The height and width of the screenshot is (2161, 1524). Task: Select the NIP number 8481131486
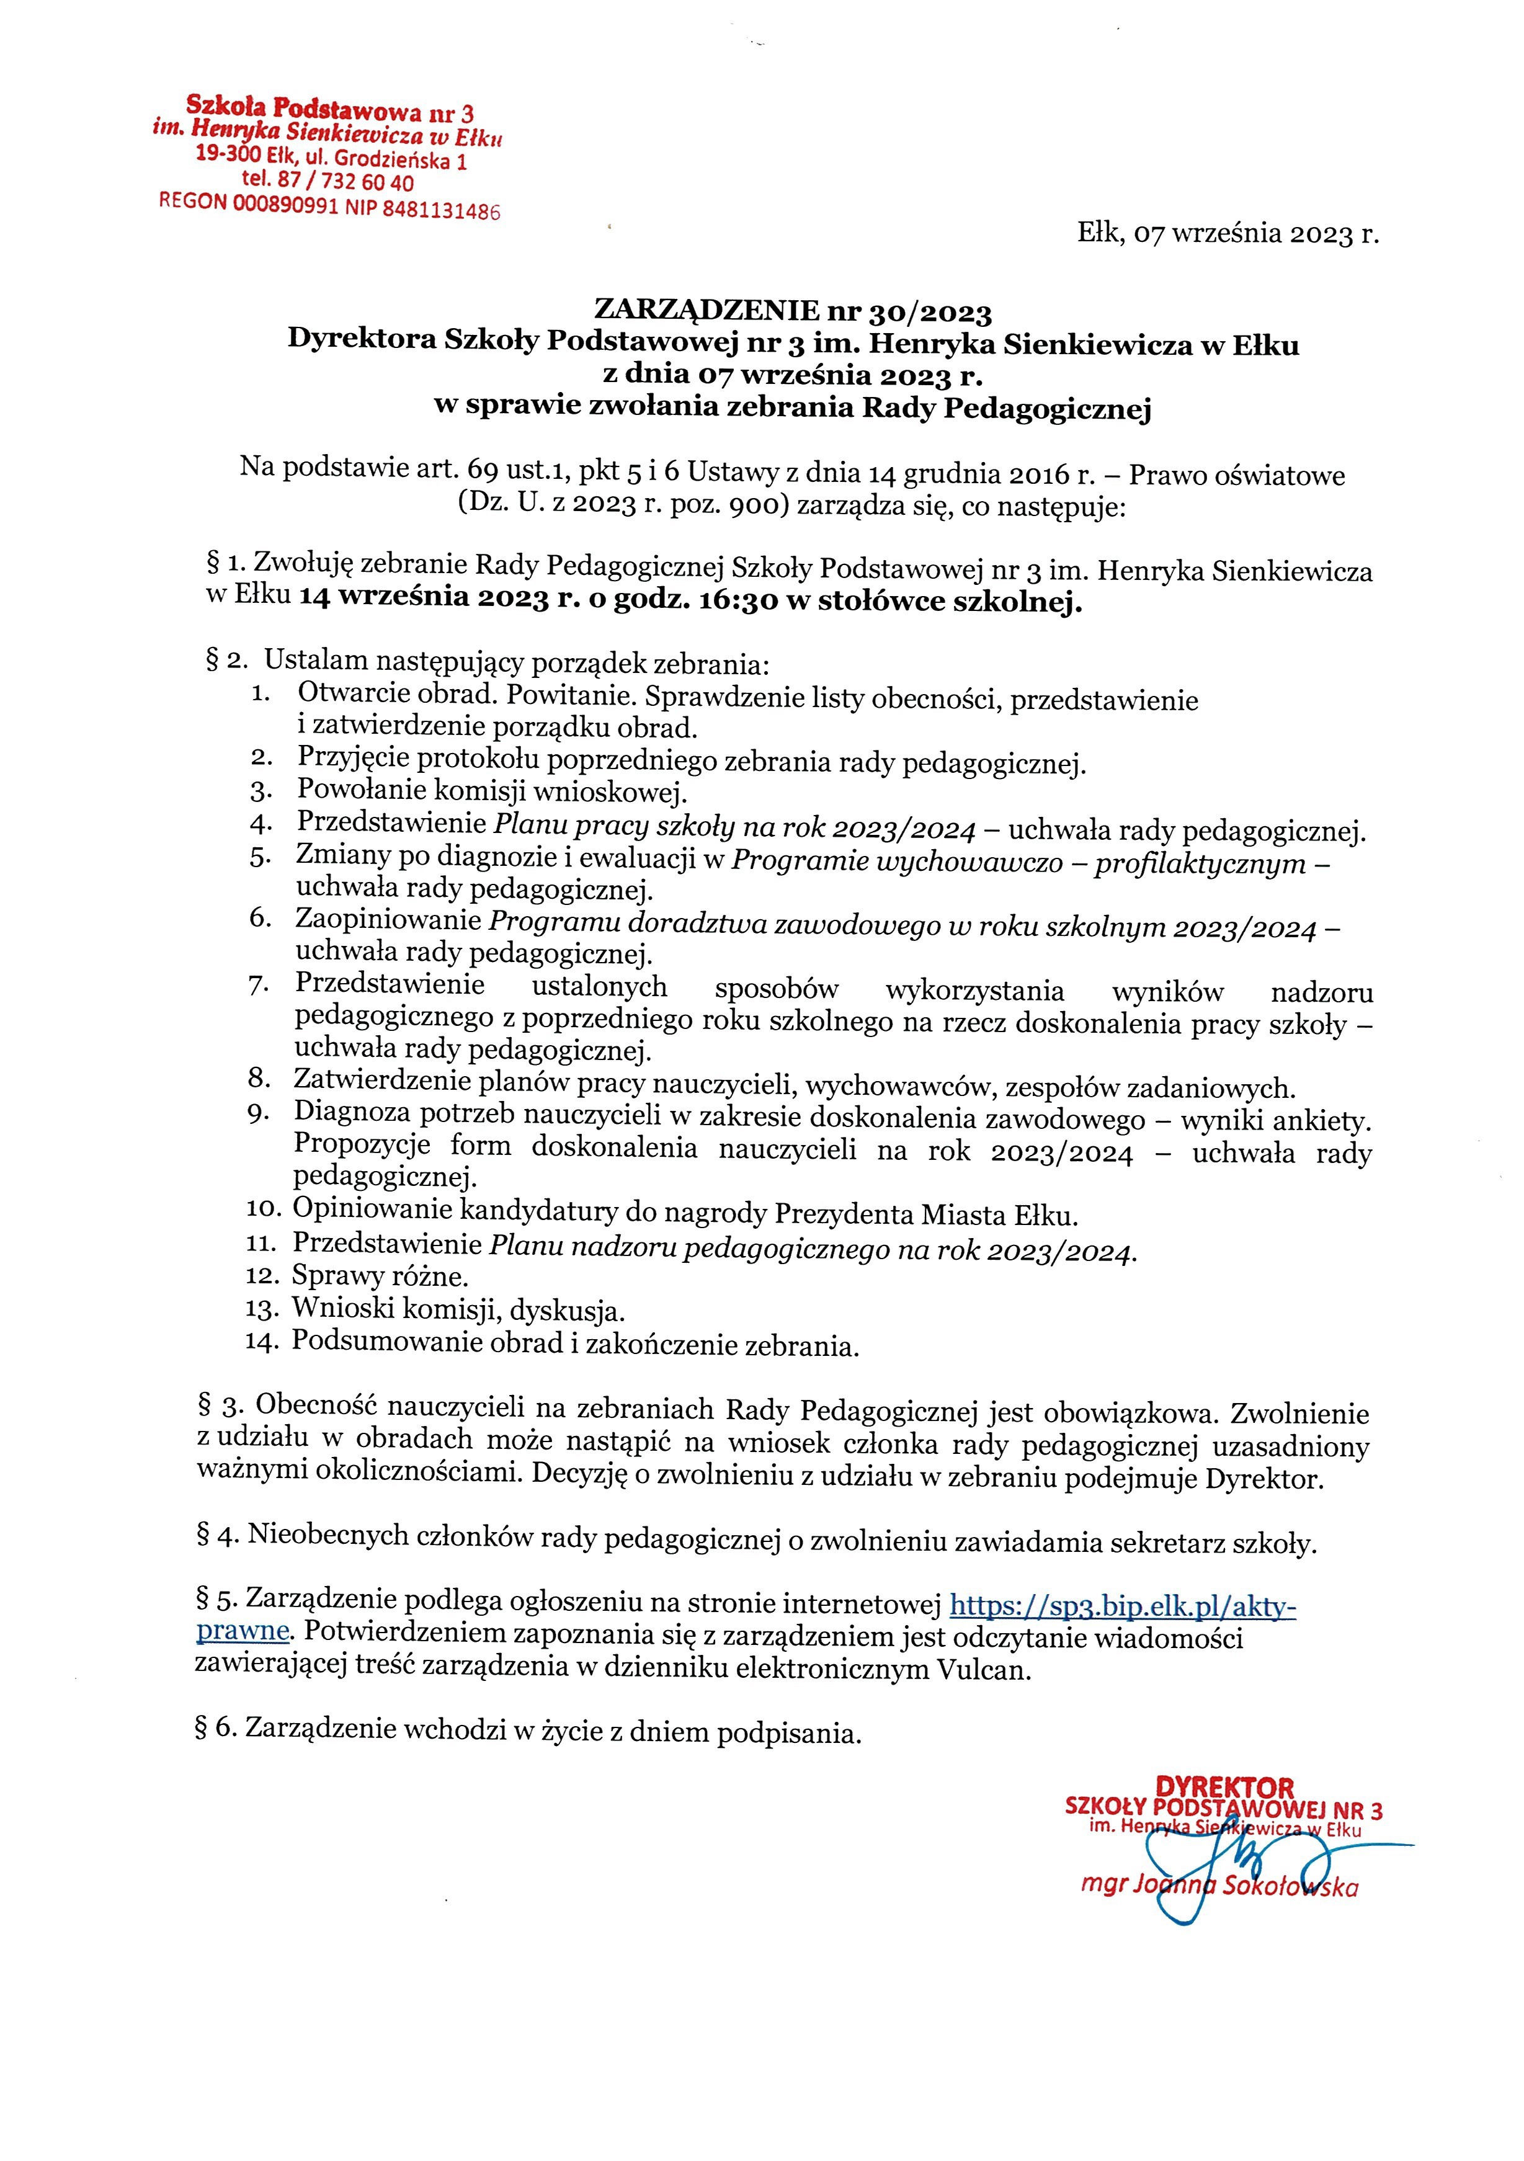440,210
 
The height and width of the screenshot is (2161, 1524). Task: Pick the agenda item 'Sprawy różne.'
380,1277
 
